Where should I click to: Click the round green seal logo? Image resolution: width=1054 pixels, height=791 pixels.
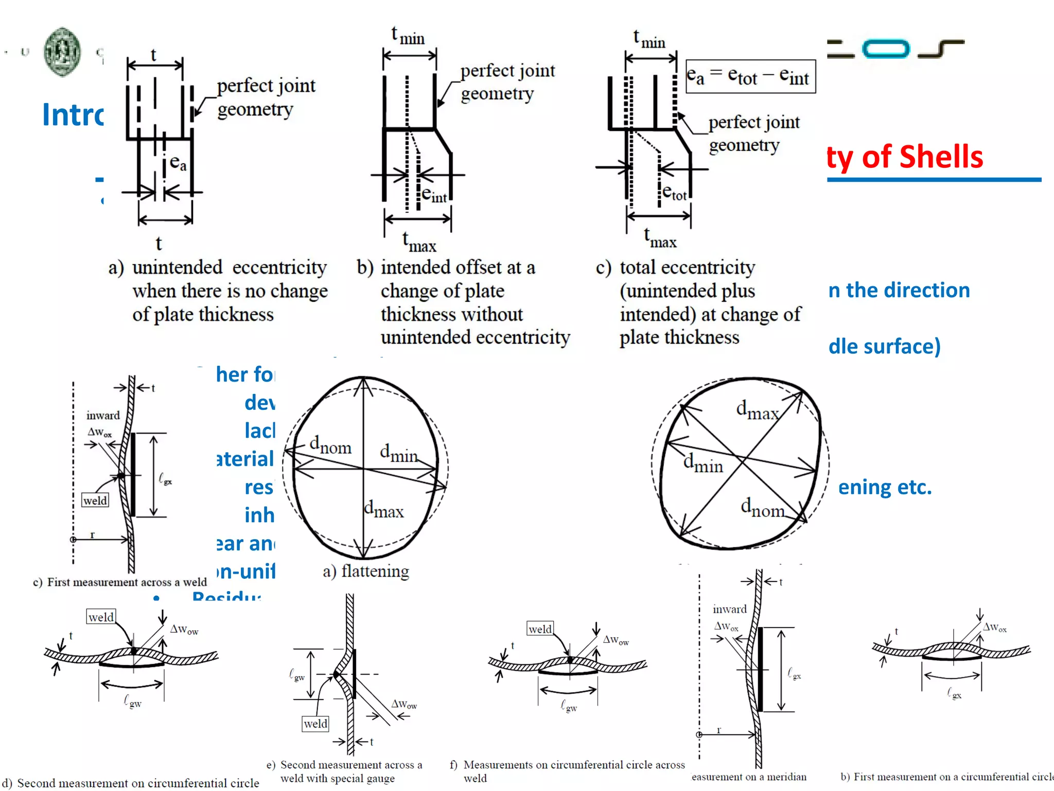(62, 52)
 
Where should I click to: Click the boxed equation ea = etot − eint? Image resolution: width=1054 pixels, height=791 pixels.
(750, 77)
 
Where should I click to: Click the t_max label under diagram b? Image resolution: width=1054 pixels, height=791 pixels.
(419, 242)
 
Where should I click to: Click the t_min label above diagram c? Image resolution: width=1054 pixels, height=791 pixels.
(649, 39)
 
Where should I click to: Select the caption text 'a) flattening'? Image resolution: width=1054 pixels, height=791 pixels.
(366, 571)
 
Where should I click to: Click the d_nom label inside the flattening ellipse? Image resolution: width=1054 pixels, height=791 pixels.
(330, 445)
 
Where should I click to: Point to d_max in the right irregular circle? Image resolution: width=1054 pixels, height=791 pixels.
(757, 410)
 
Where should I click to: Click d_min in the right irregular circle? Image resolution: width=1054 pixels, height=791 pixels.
(703, 463)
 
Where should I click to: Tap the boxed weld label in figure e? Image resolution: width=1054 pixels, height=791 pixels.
(315, 724)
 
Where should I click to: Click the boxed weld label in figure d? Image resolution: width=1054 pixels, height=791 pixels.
(101, 617)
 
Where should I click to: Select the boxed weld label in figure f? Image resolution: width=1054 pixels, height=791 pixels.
(540, 629)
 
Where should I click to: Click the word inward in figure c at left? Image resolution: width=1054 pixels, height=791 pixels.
(103, 415)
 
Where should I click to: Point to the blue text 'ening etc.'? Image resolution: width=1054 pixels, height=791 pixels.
(885, 487)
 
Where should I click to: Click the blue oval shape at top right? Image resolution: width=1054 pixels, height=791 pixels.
(886, 49)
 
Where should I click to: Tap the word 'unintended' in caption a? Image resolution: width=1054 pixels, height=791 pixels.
(177, 268)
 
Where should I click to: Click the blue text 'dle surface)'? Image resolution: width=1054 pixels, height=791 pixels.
(884, 347)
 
